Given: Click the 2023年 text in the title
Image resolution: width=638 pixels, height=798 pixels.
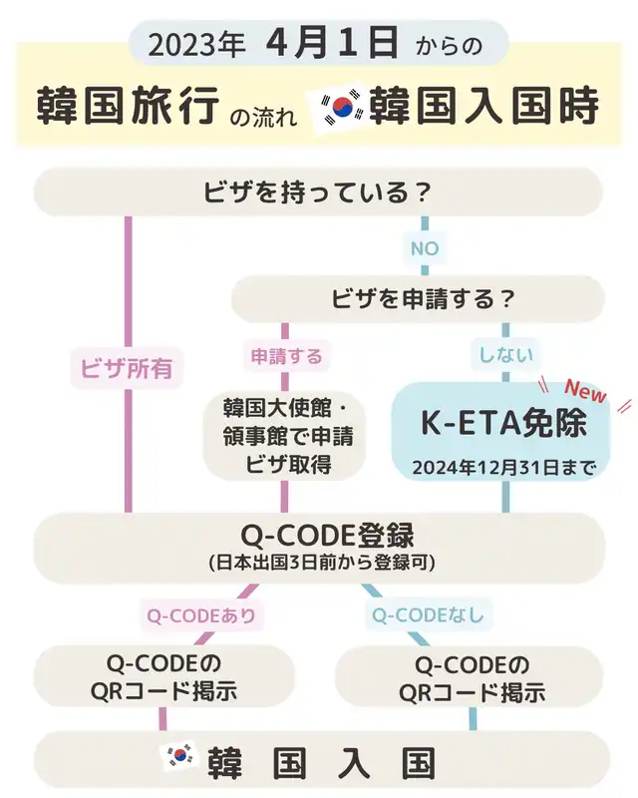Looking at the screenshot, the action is point(197,45).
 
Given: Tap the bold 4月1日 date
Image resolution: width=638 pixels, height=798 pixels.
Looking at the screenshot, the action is point(332,43).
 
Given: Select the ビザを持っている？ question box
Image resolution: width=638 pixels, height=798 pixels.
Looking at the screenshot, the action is point(318,193).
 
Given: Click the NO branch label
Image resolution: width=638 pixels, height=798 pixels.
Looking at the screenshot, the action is point(425,248).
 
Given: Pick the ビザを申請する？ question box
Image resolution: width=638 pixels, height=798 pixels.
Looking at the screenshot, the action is point(419,298).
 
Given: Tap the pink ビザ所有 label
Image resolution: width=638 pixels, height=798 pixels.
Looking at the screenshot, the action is point(127,367).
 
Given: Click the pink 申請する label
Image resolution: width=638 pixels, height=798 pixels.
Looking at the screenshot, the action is point(286,356).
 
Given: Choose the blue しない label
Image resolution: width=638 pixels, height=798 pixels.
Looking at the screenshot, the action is point(505,355).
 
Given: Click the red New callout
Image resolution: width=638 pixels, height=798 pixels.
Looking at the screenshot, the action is point(585,392).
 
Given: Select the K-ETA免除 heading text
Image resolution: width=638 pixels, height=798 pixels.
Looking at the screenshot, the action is point(503,423).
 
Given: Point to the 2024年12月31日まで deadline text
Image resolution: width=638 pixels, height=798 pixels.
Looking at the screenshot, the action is point(503,468).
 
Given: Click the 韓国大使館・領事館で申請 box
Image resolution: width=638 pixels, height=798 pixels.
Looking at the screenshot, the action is point(285,435).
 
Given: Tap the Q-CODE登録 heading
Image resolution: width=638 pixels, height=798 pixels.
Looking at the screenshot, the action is point(328,535).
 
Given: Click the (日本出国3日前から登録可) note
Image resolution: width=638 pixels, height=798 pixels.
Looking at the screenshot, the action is point(323,563).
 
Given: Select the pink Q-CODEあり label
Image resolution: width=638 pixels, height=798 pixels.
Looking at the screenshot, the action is point(201,615).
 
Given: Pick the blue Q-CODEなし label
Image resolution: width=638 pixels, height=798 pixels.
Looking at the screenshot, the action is point(428,615).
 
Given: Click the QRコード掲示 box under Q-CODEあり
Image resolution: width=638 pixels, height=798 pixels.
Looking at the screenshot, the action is point(164,676).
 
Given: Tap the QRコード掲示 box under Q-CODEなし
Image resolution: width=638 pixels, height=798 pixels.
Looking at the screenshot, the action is point(470,677).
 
